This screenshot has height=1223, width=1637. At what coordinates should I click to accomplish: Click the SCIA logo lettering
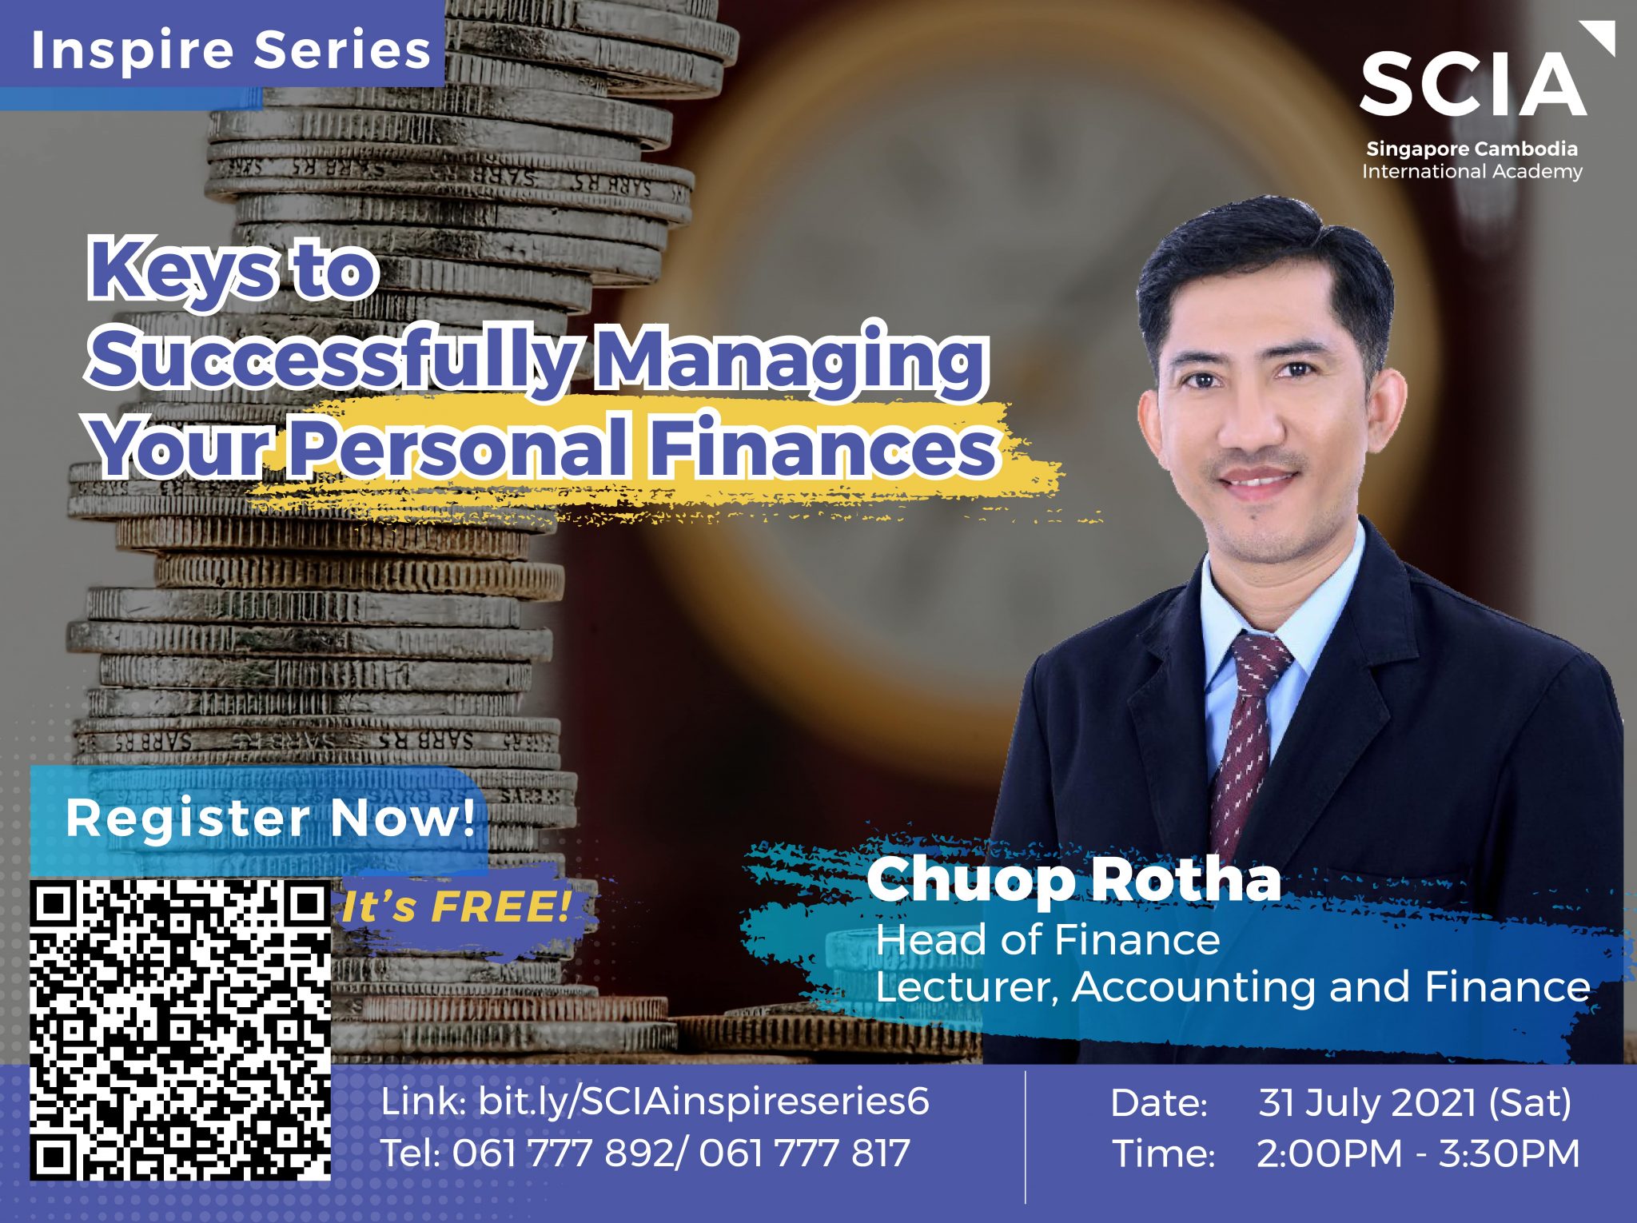pos(1472,84)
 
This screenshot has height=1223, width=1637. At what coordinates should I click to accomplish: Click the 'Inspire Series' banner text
pos(231,50)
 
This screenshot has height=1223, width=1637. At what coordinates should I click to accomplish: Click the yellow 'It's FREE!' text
pos(456,907)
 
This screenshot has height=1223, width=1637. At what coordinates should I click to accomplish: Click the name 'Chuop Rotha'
pos(1073,880)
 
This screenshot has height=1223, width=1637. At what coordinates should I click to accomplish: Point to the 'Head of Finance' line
pos(1048,939)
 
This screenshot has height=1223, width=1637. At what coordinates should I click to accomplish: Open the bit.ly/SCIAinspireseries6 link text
pos(703,1102)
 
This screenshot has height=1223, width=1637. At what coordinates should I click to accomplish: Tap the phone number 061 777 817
pos(805,1153)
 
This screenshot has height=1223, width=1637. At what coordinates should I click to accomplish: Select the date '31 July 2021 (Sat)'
pos(1415,1103)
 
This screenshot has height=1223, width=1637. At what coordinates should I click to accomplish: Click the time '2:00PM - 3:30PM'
pos(1418,1153)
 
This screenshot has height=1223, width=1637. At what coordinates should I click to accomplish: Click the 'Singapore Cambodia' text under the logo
pos(1472,149)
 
